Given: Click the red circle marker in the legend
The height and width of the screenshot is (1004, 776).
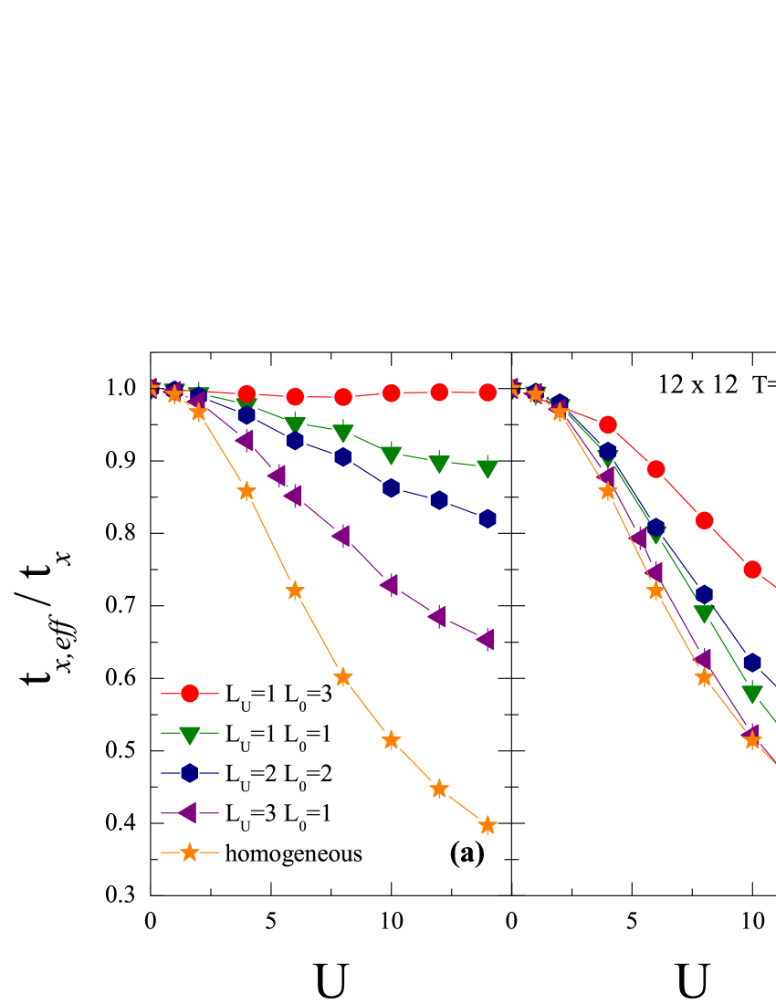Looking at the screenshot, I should [189, 694].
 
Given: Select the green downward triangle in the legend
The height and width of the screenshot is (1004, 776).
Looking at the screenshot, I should [189, 735].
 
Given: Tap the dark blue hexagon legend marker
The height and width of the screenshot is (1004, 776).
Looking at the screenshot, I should [189, 773].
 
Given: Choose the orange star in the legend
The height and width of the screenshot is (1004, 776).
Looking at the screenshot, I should [189, 852].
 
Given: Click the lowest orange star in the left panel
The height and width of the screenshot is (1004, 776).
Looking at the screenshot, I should [488, 825].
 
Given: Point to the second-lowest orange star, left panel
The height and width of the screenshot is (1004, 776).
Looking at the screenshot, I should [439, 789].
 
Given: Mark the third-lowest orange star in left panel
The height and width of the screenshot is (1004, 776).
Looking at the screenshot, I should [391, 740].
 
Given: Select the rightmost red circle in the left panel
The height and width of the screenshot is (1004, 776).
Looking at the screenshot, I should [488, 392].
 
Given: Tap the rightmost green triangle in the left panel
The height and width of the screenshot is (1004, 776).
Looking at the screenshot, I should [488, 468].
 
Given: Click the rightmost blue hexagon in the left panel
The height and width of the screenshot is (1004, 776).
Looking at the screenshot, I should [488, 518].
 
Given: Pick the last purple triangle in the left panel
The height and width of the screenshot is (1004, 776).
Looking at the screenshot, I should [486, 639].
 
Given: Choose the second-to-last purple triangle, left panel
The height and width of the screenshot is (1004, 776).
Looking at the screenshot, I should [437, 616].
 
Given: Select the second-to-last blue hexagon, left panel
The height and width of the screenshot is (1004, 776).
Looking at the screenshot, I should [439, 500].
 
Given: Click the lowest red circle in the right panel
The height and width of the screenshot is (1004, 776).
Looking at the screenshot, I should [752, 570].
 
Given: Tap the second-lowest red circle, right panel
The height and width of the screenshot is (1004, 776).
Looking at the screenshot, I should [704, 520].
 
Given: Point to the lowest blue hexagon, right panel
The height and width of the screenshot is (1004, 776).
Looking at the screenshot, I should [752, 663].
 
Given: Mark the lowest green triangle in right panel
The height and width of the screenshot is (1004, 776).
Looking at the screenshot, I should [752, 694].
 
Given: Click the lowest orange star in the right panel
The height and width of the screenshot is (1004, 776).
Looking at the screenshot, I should [752, 740].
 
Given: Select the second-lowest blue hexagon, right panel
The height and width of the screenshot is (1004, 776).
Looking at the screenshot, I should [704, 594].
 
